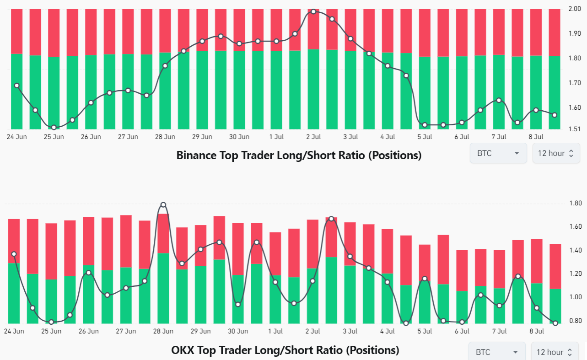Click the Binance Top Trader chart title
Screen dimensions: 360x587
click(x=299, y=156)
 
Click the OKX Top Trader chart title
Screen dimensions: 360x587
click(x=285, y=350)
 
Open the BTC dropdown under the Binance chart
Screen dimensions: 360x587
click(x=498, y=153)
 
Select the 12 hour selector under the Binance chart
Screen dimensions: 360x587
click(x=556, y=153)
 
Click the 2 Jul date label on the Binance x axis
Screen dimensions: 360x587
click(x=313, y=137)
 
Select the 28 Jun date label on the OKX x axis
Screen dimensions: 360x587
click(x=163, y=331)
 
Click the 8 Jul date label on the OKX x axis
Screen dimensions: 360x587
click(x=537, y=331)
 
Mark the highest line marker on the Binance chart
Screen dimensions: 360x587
click(x=313, y=11)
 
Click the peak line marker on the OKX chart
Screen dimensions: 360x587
click(x=163, y=204)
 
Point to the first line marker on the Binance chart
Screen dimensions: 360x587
click(x=17, y=86)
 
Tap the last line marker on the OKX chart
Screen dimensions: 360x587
click(x=555, y=323)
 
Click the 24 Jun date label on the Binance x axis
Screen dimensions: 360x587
click(x=16, y=137)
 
